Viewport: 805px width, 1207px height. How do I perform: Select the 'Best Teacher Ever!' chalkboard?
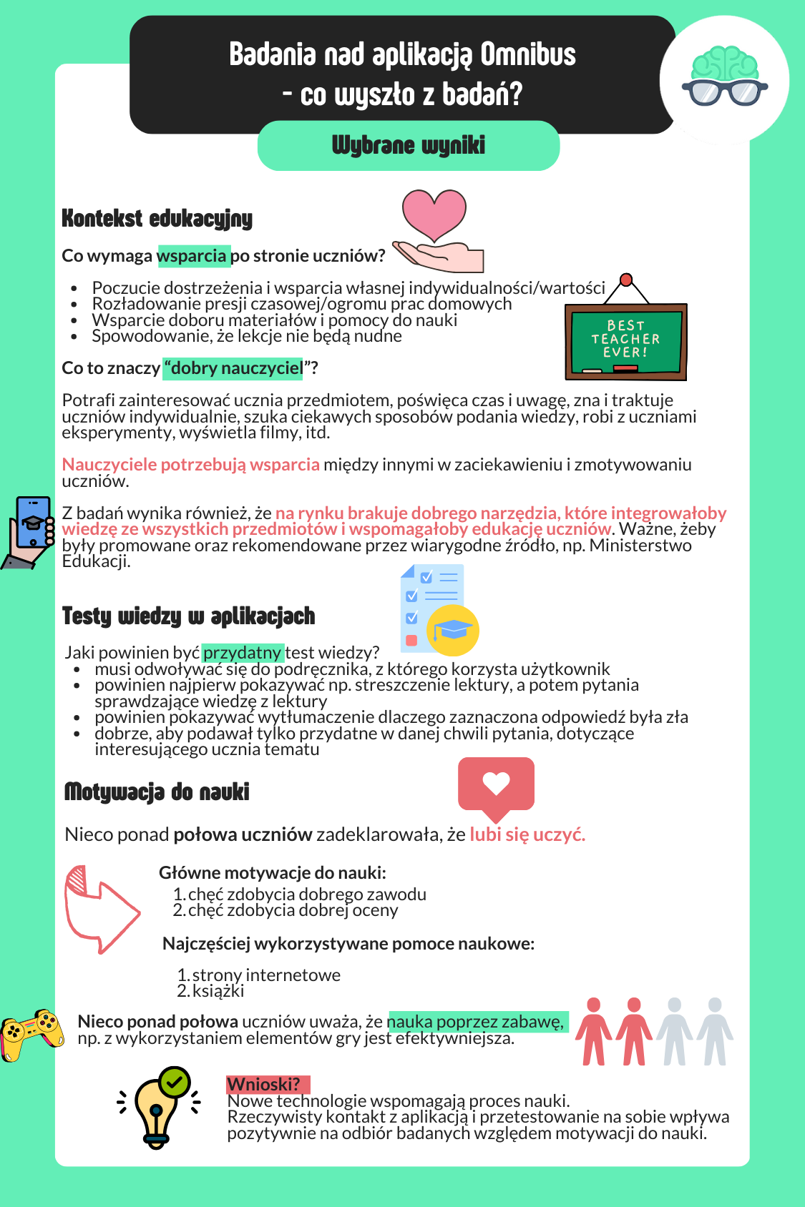[x=626, y=340]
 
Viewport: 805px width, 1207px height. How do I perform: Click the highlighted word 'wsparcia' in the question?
[x=192, y=256]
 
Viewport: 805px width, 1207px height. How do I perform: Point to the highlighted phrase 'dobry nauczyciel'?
[x=233, y=368]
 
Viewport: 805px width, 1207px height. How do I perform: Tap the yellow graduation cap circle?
[x=452, y=630]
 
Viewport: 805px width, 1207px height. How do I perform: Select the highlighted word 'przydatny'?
[x=243, y=653]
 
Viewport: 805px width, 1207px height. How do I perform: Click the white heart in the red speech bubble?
[x=496, y=783]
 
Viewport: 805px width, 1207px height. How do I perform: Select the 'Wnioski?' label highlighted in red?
[x=264, y=1085]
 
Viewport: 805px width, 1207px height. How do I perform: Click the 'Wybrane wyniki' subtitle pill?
[x=408, y=145]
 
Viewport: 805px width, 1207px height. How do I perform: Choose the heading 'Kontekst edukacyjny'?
[x=157, y=218]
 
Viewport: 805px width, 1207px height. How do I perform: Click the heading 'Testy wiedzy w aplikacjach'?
[x=188, y=616]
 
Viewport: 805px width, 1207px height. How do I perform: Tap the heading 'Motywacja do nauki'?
[x=157, y=792]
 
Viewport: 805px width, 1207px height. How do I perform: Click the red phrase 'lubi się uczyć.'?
[x=527, y=834]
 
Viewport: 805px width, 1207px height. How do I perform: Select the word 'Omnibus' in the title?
[x=527, y=55]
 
